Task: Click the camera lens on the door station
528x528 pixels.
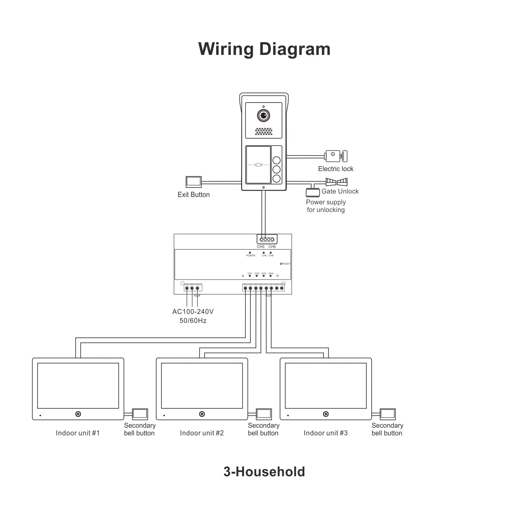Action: [x=263, y=116]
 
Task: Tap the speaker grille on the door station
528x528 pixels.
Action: [x=263, y=131]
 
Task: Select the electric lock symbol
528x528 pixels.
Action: [x=336, y=156]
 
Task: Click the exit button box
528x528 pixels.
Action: [x=194, y=182]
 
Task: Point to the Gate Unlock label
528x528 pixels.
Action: [x=340, y=191]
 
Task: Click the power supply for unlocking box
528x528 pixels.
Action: [x=312, y=193]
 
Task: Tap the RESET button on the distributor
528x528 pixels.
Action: [x=281, y=264]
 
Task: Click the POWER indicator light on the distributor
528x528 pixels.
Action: [x=250, y=253]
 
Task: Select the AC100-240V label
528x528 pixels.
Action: [x=193, y=312]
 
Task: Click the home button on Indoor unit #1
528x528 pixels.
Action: [x=78, y=414]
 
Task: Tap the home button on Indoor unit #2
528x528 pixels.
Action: [x=202, y=414]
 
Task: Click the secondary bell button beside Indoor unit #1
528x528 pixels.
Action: [x=140, y=414]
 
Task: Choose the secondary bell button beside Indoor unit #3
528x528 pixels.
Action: [x=388, y=414]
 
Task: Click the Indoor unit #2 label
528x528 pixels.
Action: [x=202, y=433]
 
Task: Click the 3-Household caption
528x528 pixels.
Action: [x=264, y=472]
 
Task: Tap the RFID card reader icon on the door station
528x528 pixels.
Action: [x=258, y=165]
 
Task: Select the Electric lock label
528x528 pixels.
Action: [x=336, y=169]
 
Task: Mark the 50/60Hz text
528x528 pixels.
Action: [x=193, y=320]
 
